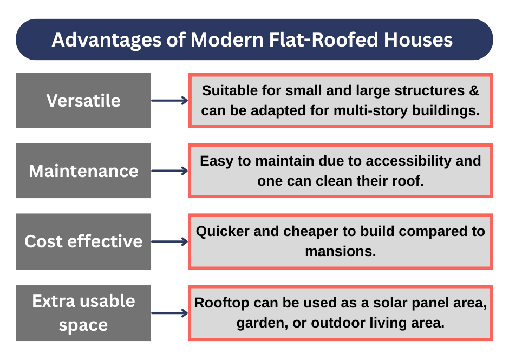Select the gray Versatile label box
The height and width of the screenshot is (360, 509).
[x=83, y=101]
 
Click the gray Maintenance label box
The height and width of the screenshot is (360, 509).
[x=83, y=171]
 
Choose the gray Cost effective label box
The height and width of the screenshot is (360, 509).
[x=83, y=241]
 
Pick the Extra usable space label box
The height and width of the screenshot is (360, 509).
[x=83, y=313]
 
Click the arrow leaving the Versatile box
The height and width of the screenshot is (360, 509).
[x=169, y=101]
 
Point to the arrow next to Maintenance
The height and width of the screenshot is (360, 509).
[x=169, y=171]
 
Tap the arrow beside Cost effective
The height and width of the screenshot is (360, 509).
[x=169, y=241]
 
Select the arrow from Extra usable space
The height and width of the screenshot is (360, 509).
[x=169, y=313]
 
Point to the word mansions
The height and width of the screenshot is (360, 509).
[x=340, y=252]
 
